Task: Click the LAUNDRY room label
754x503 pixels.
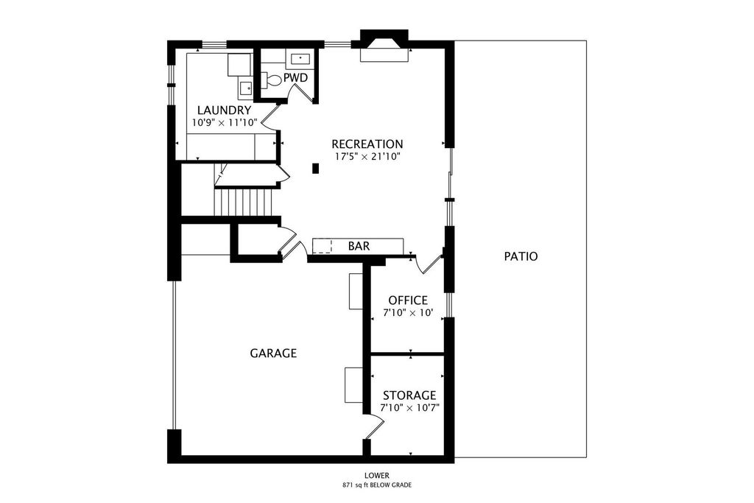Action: [x=224, y=110]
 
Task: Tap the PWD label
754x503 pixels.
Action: [x=295, y=77]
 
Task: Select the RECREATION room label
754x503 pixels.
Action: [x=367, y=144]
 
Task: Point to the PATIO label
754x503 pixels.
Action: [x=521, y=256]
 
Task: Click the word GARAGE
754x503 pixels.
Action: [x=273, y=353]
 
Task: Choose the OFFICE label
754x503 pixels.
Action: [x=408, y=300]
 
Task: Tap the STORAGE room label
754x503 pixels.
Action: [x=409, y=395]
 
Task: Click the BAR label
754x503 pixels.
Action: [x=359, y=246]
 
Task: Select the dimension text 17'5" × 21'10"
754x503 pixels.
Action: [x=367, y=156]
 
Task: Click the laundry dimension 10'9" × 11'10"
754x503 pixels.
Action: [x=225, y=123]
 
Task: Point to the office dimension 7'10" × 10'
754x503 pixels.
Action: [x=408, y=312]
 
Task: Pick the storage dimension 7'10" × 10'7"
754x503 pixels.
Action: [x=409, y=408]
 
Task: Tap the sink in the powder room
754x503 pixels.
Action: [x=300, y=59]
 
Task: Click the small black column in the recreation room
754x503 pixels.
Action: [x=315, y=169]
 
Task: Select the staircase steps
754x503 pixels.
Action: [x=244, y=203]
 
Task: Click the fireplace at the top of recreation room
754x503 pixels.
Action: [x=384, y=46]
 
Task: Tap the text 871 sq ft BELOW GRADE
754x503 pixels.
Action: [x=376, y=485]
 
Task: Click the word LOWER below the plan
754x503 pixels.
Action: [x=376, y=476]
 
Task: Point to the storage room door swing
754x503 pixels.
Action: [x=375, y=427]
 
